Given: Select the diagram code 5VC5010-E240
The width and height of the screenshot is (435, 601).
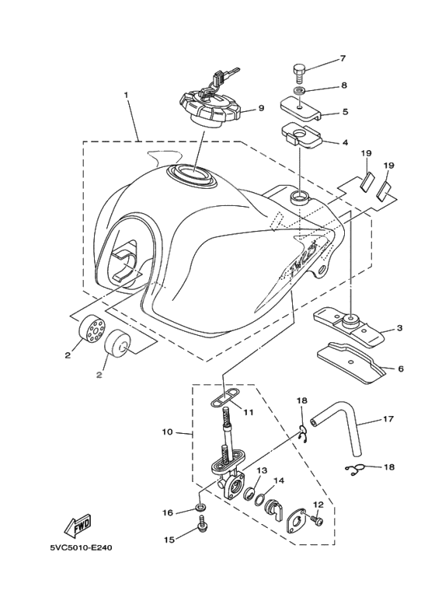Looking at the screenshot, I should click(x=81, y=547).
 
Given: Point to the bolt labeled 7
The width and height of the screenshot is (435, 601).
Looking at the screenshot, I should click(x=301, y=72).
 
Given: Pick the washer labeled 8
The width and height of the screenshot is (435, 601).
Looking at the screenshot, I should click(x=299, y=92).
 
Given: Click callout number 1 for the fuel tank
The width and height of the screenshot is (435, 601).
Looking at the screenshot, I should click(x=125, y=94).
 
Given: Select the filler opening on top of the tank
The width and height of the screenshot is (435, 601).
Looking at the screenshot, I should click(x=192, y=175).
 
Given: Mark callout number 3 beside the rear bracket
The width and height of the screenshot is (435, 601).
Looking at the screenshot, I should click(x=399, y=328).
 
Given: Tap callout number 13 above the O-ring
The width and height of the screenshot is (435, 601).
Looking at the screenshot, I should click(x=262, y=470).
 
